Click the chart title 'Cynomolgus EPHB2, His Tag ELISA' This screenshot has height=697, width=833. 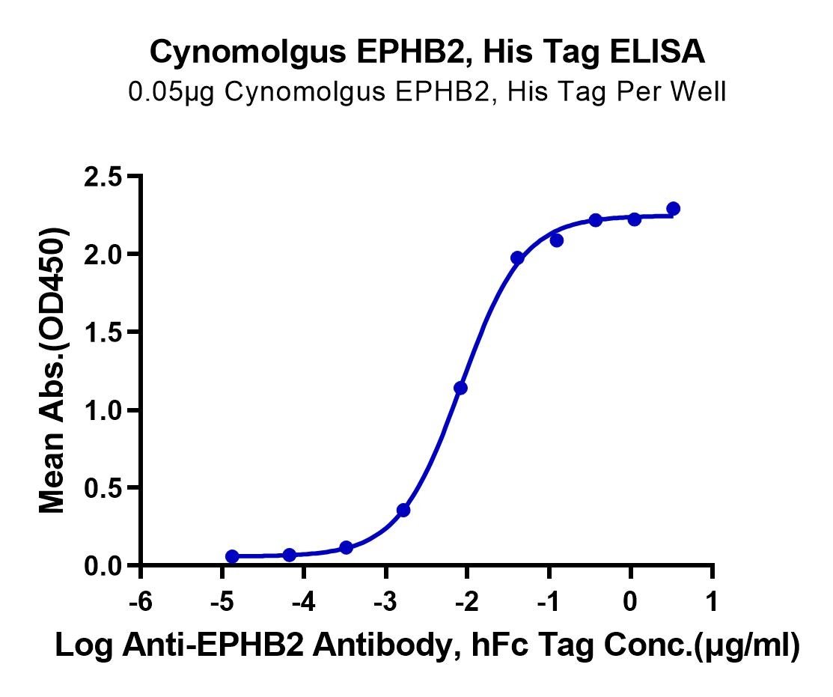[427, 53]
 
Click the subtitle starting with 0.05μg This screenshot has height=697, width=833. [427, 92]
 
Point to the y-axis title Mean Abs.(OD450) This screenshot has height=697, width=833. [53, 371]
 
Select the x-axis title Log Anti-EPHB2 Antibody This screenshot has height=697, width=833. [427, 645]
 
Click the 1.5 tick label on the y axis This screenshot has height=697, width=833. [103, 332]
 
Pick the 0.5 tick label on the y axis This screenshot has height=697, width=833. [103, 488]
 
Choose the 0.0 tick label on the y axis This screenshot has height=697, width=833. [103, 566]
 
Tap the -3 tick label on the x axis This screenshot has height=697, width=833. [385, 603]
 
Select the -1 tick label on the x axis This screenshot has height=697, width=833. [549, 603]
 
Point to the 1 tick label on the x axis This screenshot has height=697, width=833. [711, 603]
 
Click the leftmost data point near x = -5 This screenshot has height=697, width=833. [232, 556]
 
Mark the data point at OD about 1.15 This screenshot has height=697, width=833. [460, 388]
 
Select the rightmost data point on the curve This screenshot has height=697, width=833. [673, 208]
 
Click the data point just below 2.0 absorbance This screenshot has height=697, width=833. [517, 258]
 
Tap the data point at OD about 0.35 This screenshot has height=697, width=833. [403, 510]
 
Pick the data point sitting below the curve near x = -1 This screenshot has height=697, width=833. [556, 240]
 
